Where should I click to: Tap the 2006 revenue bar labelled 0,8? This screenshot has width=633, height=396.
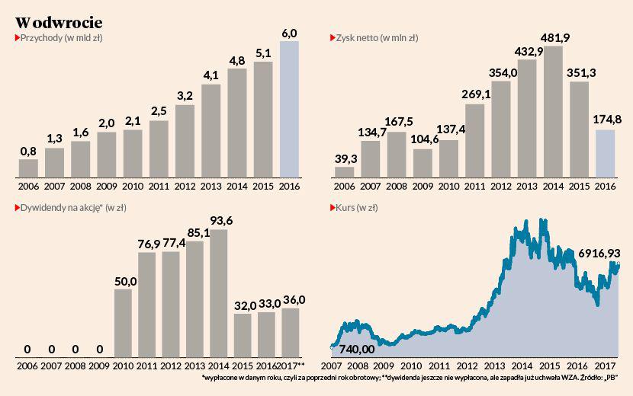click(28, 168)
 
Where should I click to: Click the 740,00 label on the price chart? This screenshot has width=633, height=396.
click(356, 349)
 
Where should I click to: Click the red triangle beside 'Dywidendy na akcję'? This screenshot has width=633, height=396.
click(16, 207)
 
